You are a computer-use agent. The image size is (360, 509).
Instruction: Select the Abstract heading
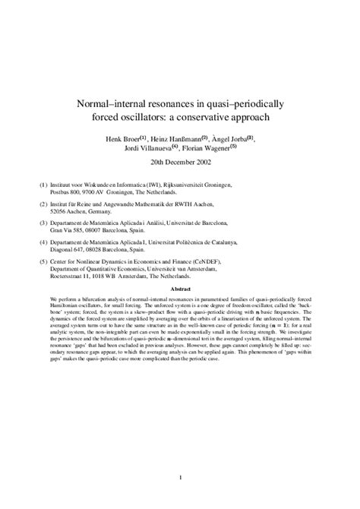[180, 289]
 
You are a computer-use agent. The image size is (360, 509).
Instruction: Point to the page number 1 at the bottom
[180, 476]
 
